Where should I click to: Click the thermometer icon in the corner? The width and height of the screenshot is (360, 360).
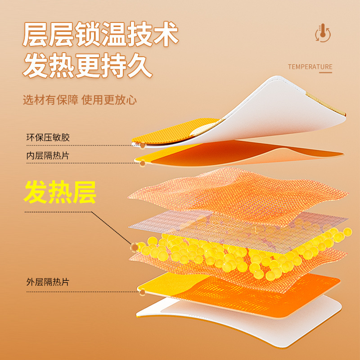[323, 33]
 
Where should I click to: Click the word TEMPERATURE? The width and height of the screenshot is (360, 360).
[310, 67]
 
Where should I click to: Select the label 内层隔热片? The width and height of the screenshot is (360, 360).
[48, 156]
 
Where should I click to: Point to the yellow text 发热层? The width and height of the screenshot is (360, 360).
[60, 193]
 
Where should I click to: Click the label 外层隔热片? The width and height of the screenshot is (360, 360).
[48, 283]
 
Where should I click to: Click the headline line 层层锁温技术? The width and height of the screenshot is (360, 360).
[101, 35]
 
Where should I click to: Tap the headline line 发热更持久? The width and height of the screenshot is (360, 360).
[88, 66]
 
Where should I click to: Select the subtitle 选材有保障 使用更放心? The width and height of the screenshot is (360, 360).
[80, 100]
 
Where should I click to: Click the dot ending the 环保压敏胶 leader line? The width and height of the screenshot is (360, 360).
[143, 145]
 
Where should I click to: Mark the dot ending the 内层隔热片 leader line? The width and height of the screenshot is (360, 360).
[143, 163]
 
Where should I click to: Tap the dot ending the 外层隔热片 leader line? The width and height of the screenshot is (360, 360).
[143, 292]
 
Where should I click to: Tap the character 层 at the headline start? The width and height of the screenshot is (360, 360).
[36, 35]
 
